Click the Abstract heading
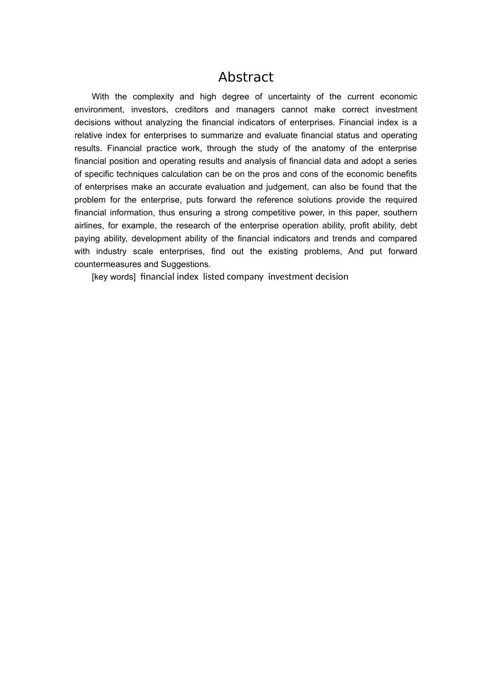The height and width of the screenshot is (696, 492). pyautogui.click(x=245, y=77)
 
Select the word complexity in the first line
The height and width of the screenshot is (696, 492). pyautogui.click(x=153, y=97)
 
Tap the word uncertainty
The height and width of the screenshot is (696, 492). pyautogui.click(x=289, y=97)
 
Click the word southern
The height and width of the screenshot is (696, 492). pyautogui.click(x=400, y=213)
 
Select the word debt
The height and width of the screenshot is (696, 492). pyautogui.click(x=409, y=226)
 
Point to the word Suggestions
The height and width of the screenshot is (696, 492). pyautogui.click(x=185, y=264)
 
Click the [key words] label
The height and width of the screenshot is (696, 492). pyautogui.click(x=113, y=277)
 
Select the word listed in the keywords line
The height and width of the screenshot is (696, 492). pyautogui.click(x=213, y=277)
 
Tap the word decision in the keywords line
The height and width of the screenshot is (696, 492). pyautogui.click(x=333, y=277)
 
